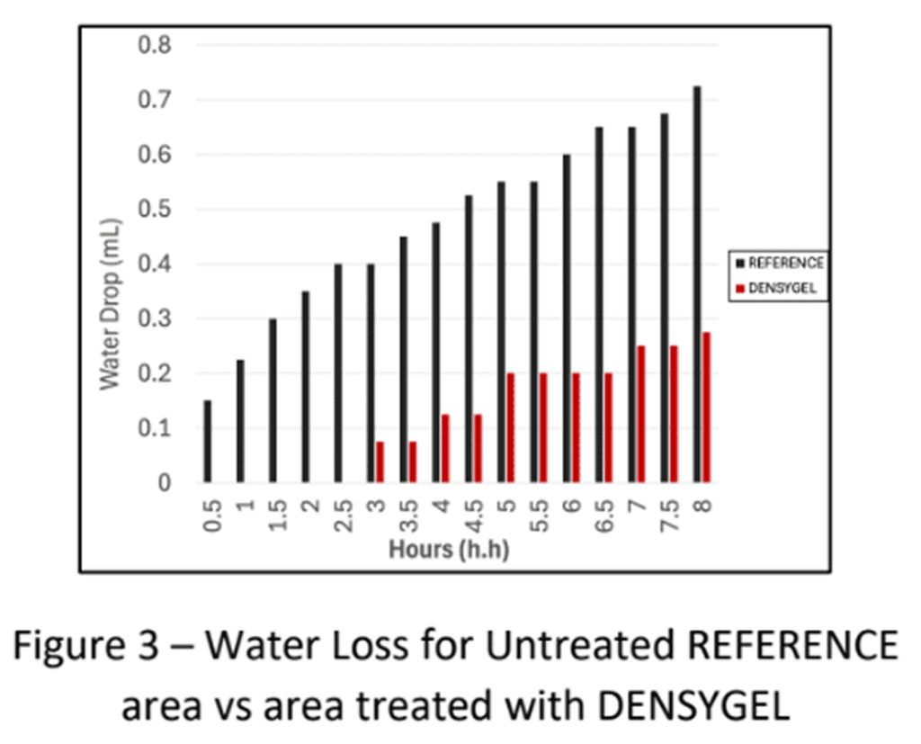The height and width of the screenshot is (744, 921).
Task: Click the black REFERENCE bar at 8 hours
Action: click(x=697, y=284)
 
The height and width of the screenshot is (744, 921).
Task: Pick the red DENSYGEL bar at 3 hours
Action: click(x=380, y=462)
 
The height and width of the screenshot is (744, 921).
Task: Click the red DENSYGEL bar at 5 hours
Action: click(x=510, y=428)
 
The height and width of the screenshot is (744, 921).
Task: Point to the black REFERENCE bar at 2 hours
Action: click(x=306, y=387)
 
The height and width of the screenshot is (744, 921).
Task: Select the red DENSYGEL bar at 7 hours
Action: click(x=640, y=415)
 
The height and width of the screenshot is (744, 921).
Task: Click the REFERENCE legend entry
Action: click(x=779, y=263)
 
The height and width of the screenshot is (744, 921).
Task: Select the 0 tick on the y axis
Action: click(x=164, y=483)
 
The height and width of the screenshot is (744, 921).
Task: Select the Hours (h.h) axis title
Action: click(x=449, y=549)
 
